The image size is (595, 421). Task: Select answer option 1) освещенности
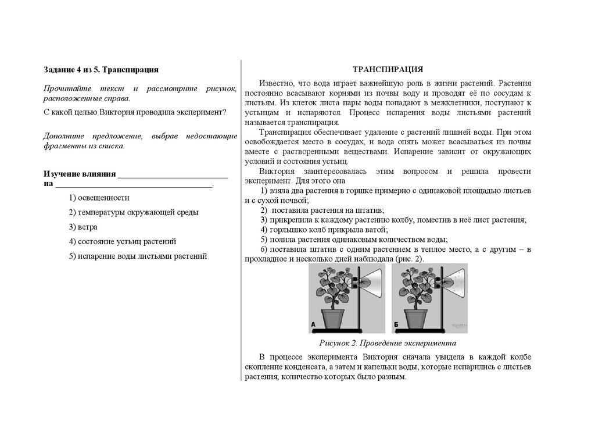point(99,198)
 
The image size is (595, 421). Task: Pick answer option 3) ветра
point(83,227)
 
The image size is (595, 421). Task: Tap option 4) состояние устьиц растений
point(122,241)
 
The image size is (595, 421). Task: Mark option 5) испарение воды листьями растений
point(138,256)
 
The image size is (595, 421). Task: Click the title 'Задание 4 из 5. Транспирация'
point(101,70)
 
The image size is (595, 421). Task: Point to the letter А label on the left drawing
point(313,324)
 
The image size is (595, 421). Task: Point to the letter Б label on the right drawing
point(396,324)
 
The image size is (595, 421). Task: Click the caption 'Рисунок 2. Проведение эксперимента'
point(388,343)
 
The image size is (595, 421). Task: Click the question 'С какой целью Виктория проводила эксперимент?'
point(135,112)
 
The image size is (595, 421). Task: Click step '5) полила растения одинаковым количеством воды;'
point(354,239)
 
